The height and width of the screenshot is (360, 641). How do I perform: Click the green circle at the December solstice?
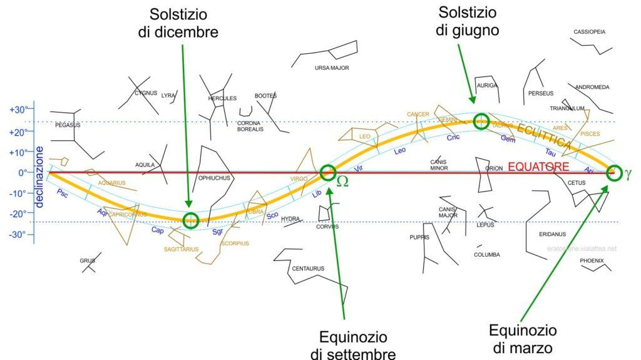(x=192, y=220)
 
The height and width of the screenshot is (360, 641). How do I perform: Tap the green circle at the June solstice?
(x=481, y=121)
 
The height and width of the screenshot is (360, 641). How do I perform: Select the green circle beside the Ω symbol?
(x=328, y=172)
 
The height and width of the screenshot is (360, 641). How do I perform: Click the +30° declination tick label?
(x=18, y=110)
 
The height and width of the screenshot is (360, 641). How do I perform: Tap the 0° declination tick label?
(x=21, y=173)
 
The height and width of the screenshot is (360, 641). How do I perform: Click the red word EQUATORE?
(x=538, y=167)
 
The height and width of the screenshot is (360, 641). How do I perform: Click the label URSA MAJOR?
(x=332, y=68)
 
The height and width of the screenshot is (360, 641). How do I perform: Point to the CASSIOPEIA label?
(x=589, y=32)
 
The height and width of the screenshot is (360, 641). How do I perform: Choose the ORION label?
(x=494, y=168)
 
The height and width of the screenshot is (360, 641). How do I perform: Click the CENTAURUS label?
(x=308, y=269)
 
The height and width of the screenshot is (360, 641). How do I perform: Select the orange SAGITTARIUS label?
(x=181, y=249)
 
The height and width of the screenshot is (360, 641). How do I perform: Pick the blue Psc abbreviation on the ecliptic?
(x=62, y=193)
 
